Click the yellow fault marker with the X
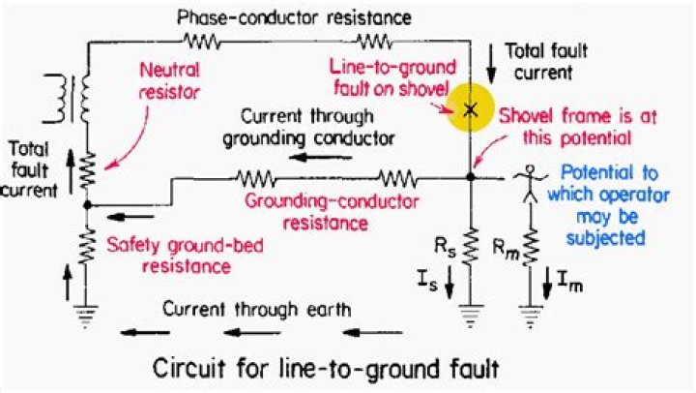click(x=470, y=108)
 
